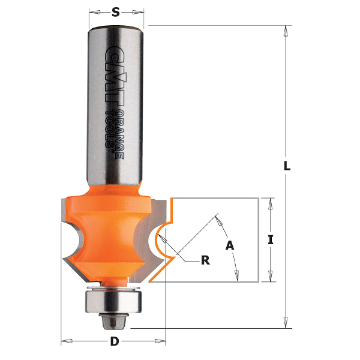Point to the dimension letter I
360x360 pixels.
271,240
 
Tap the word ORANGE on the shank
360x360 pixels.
120,135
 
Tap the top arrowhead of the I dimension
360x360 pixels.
272,203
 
